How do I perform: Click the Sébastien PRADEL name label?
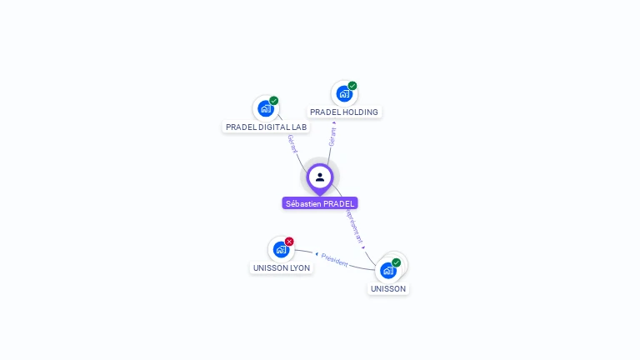pyautogui.click(x=320, y=203)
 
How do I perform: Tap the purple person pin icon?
pyautogui.click(x=320, y=177)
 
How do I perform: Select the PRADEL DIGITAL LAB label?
pyautogui.click(x=267, y=127)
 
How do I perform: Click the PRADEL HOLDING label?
pyautogui.click(x=344, y=112)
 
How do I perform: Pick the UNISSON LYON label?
pyautogui.click(x=282, y=268)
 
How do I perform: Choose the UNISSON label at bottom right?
pyautogui.click(x=388, y=289)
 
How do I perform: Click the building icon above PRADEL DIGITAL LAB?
pyautogui.click(x=265, y=108)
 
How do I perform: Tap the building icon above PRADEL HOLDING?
pyautogui.click(x=344, y=93)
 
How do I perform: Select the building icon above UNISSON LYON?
pyautogui.click(x=281, y=249)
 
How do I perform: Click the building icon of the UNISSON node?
pyautogui.click(x=387, y=270)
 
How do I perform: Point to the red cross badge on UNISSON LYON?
pyautogui.click(x=289, y=242)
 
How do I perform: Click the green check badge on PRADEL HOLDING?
pyautogui.click(x=352, y=86)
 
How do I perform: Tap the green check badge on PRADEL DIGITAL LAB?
pyautogui.click(x=273, y=101)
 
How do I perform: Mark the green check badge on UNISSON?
pyautogui.click(x=396, y=262)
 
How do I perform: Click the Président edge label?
pyautogui.click(x=334, y=259)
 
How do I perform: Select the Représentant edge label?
pyautogui.click(x=354, y=226)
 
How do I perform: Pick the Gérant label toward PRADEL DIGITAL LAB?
pyautogui.click(x=292, y=144)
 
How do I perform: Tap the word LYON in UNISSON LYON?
pyautogui.click(x=299, y=268)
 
